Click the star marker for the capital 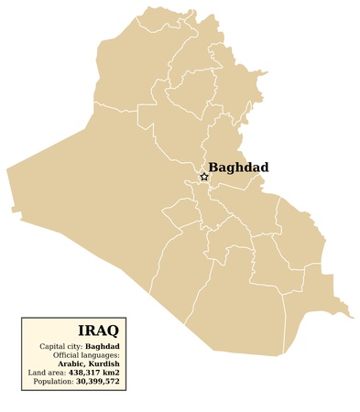[x=203, y=177]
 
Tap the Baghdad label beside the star [x=238, y=168]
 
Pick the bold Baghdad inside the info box [x=102, y=346]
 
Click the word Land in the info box [x=36, y=372]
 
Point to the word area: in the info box [x=55, y=372]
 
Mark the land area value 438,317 [x=85, y=372]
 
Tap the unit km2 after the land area [x=112, y=372]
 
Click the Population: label [x=54, y=380]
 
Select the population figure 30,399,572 [x=98, y=380]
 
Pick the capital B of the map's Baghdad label [x=213, y=168]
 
